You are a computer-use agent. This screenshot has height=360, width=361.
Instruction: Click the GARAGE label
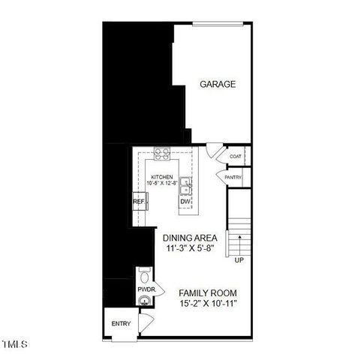(218, 85)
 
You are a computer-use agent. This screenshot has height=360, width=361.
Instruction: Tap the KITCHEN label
(161, 177)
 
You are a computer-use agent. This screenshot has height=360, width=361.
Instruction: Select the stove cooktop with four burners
(162, 154)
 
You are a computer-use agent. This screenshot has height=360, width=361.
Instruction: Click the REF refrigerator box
(139, 202)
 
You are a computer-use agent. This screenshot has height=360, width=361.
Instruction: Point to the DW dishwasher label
(185, 202)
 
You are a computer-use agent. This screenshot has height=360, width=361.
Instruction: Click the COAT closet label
(235, 157)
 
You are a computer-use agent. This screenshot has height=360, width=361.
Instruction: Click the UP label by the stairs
(239, 260)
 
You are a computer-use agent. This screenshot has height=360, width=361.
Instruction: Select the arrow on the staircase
(239, 244)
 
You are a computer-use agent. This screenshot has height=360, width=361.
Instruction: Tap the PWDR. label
(145, 287)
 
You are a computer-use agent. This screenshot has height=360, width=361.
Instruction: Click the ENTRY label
(121, 324)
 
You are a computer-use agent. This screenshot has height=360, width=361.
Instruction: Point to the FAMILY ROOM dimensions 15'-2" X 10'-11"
(208, 304)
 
